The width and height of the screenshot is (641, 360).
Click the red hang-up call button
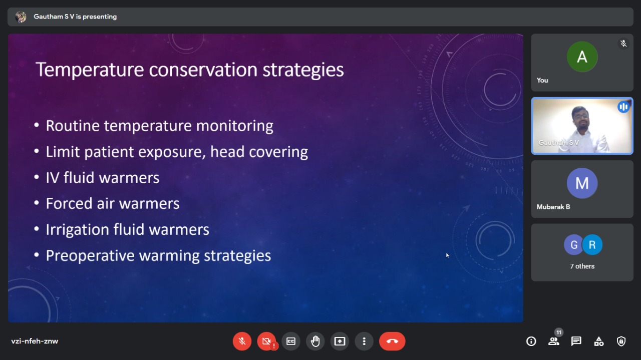click(392, 341)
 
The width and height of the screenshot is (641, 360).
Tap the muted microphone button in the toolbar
click(242, 341)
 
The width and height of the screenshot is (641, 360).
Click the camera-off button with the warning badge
click(266, 341)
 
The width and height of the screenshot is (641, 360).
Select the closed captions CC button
click(291, 341)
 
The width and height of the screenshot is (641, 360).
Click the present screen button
click(340, 341)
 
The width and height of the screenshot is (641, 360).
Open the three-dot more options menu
click(364, 341)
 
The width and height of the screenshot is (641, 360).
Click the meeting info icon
click(531, 341)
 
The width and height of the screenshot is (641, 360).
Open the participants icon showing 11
click(554, 341)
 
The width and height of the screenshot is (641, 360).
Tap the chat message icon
click(576, 341)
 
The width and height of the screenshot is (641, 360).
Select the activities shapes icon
click(598, 341)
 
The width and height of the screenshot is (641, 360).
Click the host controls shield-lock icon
click(621, 341)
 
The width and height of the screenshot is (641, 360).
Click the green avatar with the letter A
click(582, 57)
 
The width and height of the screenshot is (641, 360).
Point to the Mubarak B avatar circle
click(582, 183)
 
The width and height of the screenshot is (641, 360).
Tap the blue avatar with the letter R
click(592, 245)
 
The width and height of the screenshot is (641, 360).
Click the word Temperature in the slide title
click(90, 70)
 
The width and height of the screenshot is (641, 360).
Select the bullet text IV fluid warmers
click(103, 178)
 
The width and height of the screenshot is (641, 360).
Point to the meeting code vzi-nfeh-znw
click(35, 341)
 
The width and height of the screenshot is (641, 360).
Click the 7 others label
click(582, 266)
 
